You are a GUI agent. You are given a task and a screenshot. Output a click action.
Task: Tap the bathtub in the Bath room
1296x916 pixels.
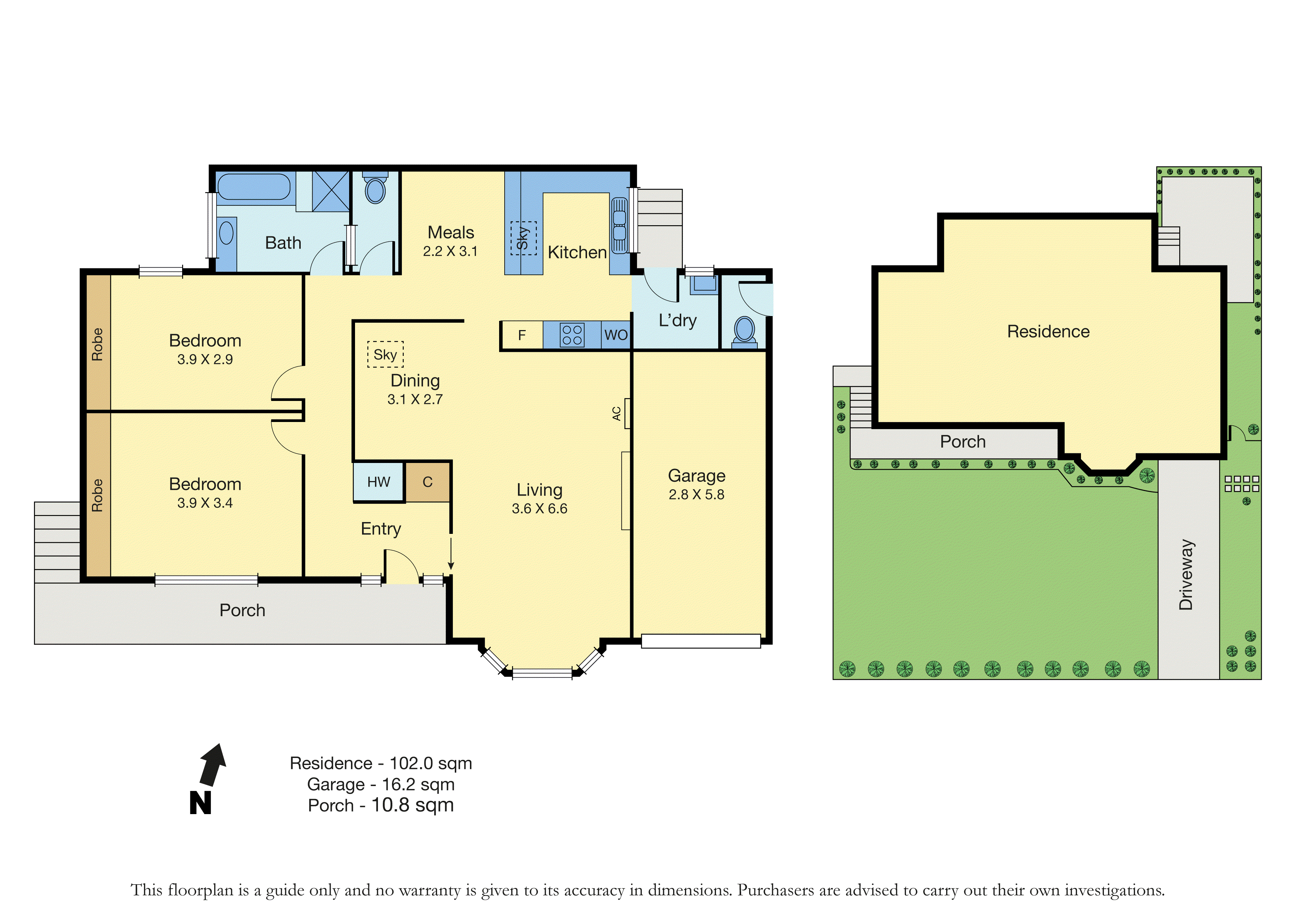(254, 187)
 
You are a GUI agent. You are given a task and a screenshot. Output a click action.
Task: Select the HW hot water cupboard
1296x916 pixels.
(379, 482)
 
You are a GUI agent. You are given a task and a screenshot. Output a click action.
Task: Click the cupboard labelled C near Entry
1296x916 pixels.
(428, 482)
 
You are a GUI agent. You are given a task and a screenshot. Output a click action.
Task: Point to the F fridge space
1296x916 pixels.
(522, 335)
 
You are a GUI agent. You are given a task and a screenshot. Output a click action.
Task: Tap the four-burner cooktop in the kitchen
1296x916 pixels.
(572, 335)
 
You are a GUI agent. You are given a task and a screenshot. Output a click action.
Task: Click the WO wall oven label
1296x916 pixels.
(616, 335)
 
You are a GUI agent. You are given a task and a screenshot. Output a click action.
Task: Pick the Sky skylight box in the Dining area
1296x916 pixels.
(386, 354)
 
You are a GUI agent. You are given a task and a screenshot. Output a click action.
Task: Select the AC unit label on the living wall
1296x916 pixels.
(617, 414)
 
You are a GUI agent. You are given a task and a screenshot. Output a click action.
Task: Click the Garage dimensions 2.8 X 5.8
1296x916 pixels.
(696, 495)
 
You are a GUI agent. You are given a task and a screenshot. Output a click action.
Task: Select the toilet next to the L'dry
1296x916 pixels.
(744, 331)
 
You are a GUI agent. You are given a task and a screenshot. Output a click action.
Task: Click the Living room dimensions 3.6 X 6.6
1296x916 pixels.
(540, 509)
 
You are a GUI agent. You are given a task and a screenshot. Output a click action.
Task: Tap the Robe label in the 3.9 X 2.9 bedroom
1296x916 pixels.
(98, 344)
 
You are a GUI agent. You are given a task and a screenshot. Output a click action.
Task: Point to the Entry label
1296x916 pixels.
(381, 529)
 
